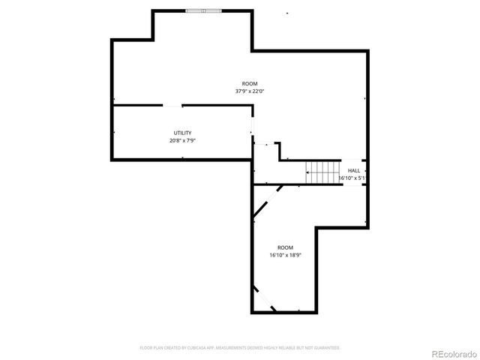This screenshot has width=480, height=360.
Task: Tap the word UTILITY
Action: [182, 133]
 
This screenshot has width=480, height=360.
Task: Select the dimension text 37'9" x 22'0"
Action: [250, 91]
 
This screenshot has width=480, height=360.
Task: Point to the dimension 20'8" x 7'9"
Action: [182, 140]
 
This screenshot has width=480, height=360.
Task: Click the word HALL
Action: [353, 171]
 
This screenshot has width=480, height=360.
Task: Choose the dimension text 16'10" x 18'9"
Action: [286, 255]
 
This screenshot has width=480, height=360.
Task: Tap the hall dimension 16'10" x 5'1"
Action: [352, 178]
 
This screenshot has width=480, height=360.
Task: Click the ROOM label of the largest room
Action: [250, 83]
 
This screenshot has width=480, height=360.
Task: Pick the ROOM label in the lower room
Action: [286, 247]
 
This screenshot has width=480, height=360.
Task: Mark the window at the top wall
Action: [204, 10]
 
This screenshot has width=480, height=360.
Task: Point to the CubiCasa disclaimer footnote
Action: [240, 348]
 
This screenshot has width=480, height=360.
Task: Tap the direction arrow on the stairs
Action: [309, 173]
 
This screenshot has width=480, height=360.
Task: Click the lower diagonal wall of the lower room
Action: [264, 299]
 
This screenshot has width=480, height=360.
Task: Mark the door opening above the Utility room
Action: [172, 105]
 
